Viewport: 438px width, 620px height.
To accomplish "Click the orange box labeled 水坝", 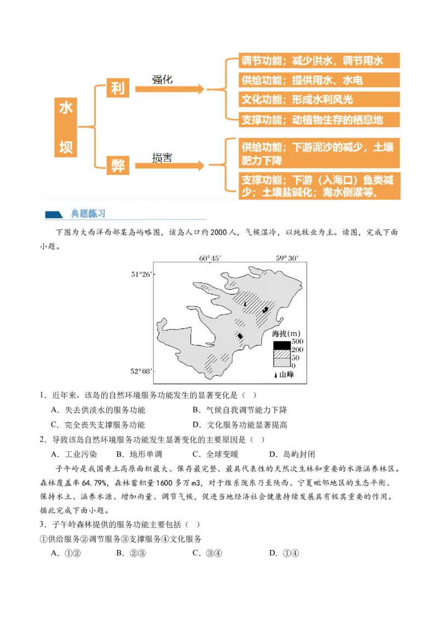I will pos(66,127).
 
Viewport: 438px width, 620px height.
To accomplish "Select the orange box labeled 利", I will pos(118,88).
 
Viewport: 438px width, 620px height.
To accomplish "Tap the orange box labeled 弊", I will pos(118,165).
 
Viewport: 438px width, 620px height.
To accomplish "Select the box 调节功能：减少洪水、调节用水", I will pos(320,60).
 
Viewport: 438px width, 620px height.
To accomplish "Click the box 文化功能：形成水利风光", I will pos(320,100).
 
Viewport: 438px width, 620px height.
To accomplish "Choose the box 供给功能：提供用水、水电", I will pos(320,80).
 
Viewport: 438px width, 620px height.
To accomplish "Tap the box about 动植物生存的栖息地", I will pos(320,119).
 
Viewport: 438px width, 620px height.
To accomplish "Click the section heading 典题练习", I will pos(88,214).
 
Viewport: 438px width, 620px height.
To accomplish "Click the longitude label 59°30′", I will pos(287,258).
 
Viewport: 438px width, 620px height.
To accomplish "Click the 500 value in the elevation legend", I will pos(297,342).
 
